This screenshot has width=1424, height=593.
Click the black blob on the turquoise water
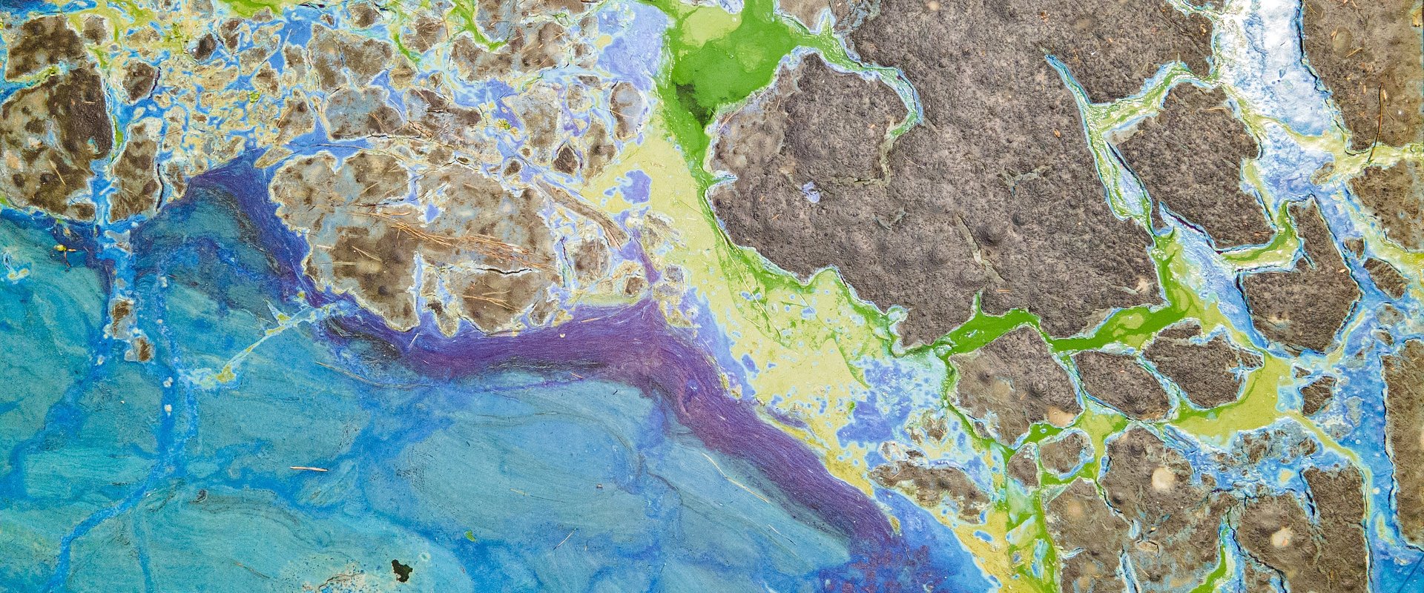coord(401,570)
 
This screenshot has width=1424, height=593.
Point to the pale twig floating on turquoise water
coord(308,468)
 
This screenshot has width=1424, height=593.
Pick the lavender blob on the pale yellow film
coord(636,185)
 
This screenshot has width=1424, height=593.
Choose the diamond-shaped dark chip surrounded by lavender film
coord(567,159)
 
